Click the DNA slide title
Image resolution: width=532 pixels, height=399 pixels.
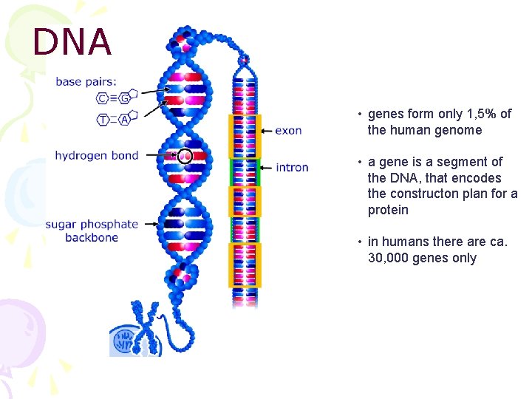tap(72, 42)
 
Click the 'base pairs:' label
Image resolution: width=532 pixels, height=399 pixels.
tap(86, 81)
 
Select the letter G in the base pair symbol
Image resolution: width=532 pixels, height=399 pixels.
tap(125, 98)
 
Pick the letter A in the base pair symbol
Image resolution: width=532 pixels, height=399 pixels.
tap(125, 119)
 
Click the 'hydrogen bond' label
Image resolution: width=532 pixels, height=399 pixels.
tap(97, 155)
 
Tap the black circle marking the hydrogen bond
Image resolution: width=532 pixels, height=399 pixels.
tap(185, 156)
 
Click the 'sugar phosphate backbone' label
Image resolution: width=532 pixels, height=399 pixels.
tap(92, 231)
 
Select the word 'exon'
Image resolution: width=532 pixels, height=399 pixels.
tap(288, 130)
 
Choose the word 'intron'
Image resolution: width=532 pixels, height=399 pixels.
tap(292, 168)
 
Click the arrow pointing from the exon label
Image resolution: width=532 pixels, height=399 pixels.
tap(267, 130)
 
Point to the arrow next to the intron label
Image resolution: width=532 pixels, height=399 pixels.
tap(267, 168)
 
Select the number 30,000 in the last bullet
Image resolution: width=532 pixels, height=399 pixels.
tap(389, 258)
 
